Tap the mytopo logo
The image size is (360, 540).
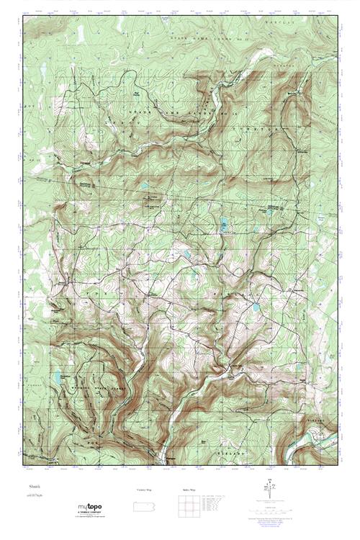pos(89,508)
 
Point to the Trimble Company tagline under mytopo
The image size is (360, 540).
pos(90,514)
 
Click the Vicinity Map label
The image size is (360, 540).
pos(144,490)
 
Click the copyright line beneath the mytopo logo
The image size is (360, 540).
pos(90,518)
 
